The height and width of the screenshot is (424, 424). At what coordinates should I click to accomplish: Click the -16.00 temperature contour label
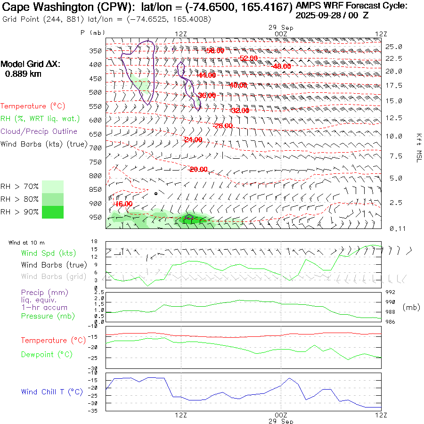click(x=124, y=204)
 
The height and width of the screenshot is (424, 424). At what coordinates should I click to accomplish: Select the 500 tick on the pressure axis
click(x=96, y=92)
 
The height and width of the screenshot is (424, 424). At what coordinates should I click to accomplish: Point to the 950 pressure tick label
click(x=96, y=218)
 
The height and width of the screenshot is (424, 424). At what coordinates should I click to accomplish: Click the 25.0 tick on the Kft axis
click(x=394, y=47)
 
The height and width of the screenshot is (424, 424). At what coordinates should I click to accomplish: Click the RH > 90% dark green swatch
click(x=53, y=212)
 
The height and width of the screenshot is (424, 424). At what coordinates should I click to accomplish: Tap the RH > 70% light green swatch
click(x=53, y=187)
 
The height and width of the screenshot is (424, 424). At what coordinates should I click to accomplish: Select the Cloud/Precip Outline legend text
click(x=39, y=131)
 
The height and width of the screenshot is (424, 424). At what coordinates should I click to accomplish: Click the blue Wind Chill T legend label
click(x=52, y=392)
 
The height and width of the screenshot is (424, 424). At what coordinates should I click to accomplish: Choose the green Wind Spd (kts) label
click(x=45, y=253)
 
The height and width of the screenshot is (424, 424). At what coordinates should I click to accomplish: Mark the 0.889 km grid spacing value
click(x=23, y=73)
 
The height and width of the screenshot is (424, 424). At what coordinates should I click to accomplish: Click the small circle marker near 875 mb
click(x=156, y=193)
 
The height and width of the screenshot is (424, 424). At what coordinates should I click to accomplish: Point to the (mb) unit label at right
click(x=411, y=307)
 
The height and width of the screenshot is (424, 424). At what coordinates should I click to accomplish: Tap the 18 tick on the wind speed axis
click(x=94, y=241)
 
